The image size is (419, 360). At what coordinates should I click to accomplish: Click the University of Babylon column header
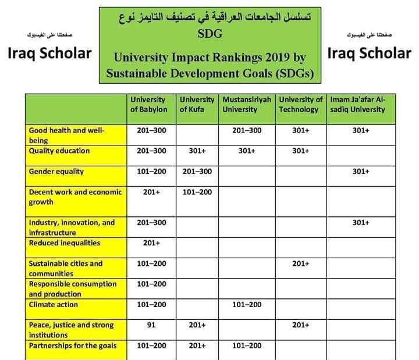(x=149, y=105)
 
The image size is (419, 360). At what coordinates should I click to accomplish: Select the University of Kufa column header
(x=197, y=105)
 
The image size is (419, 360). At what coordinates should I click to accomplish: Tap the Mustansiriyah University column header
(x=247, y=105)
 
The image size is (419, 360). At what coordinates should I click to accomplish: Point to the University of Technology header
(x=300, y=105)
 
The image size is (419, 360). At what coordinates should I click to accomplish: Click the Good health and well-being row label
(x=66, y=135)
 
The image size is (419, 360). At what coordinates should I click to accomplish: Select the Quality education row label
(x=59, y=151)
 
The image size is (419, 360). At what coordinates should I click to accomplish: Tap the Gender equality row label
(x=56, y=171)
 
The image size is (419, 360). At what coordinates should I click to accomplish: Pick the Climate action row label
(x=54, y=304)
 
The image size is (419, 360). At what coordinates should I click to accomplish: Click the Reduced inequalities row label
(x=65, y=243)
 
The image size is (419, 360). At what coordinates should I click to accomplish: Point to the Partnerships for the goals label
(x=73, y=345)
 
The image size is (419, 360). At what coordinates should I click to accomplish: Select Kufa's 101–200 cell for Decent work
(x=197, y=191)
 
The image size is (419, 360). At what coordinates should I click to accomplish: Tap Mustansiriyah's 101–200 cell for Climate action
(x=247, y=304)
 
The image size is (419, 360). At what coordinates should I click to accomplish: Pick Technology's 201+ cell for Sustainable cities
(x=300, y=263)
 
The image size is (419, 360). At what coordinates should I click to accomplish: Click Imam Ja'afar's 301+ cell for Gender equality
(x=361, y=171)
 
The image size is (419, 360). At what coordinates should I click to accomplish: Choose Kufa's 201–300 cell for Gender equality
(x=197, y=171)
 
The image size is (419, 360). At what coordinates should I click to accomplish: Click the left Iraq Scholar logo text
(x=50, y=53)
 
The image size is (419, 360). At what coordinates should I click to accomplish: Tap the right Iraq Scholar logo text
(x=369, y=53)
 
